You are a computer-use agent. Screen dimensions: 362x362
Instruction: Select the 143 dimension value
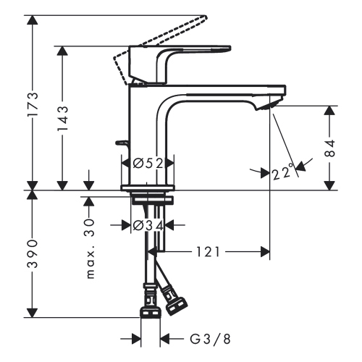click(x=63, y=118)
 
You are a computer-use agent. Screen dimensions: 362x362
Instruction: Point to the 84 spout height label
click(x=330, y=148)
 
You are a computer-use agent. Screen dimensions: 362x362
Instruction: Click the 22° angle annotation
click(x=285, y=173)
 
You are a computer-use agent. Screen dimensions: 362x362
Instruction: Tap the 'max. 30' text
click(x=91, y=250)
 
